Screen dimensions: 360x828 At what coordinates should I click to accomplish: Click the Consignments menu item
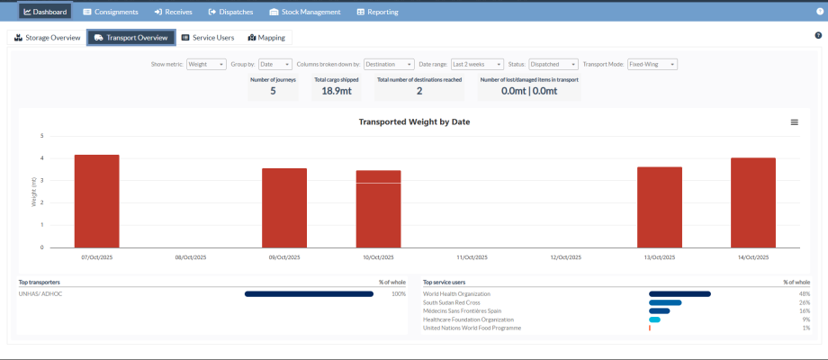coord(111,12)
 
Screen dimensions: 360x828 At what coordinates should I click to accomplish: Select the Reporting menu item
coord(377,12)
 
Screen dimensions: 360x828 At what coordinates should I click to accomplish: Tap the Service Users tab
coord(208,38)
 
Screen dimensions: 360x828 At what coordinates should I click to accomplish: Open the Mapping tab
coord(266,38)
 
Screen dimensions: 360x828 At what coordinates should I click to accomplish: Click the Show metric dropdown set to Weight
coord(206,65)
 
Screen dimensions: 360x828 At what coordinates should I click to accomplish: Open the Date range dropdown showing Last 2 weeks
coord(476,65)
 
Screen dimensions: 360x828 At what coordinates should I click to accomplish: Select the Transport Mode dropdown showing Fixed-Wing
coord(652,65)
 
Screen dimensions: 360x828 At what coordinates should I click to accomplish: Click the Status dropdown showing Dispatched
coord(553,65)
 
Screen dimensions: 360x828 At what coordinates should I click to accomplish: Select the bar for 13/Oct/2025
coord(660,207)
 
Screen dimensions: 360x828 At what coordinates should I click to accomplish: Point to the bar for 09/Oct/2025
coord(284,208)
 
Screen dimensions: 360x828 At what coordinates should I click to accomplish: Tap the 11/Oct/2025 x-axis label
coord(472,257)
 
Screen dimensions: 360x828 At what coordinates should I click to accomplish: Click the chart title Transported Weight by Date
coord(414,121)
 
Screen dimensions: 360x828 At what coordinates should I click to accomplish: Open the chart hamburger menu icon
coord(794,121)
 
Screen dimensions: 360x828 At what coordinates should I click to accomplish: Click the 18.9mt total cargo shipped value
coord(336,90)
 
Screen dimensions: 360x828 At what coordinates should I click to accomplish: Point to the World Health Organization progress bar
coord(679,293)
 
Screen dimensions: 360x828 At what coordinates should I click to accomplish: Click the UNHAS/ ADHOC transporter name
coord(40,293)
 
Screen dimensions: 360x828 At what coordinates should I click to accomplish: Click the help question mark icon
coord(817,35)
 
